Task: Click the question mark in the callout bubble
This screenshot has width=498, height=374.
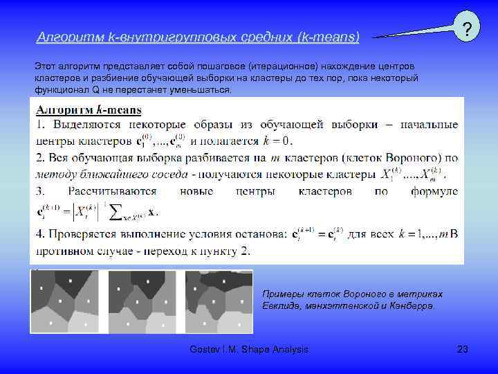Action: tap(468, 30)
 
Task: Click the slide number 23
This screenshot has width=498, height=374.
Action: tap(463, 350)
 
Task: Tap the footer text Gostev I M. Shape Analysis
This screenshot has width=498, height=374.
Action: tap(249, 350)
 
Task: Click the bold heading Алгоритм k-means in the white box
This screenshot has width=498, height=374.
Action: tap(89, 109)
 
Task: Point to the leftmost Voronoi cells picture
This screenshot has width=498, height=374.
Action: tap(64, 301)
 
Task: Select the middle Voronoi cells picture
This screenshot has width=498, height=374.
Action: tap(142, 301)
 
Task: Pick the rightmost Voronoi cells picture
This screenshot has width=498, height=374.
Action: tap(219, 301)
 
